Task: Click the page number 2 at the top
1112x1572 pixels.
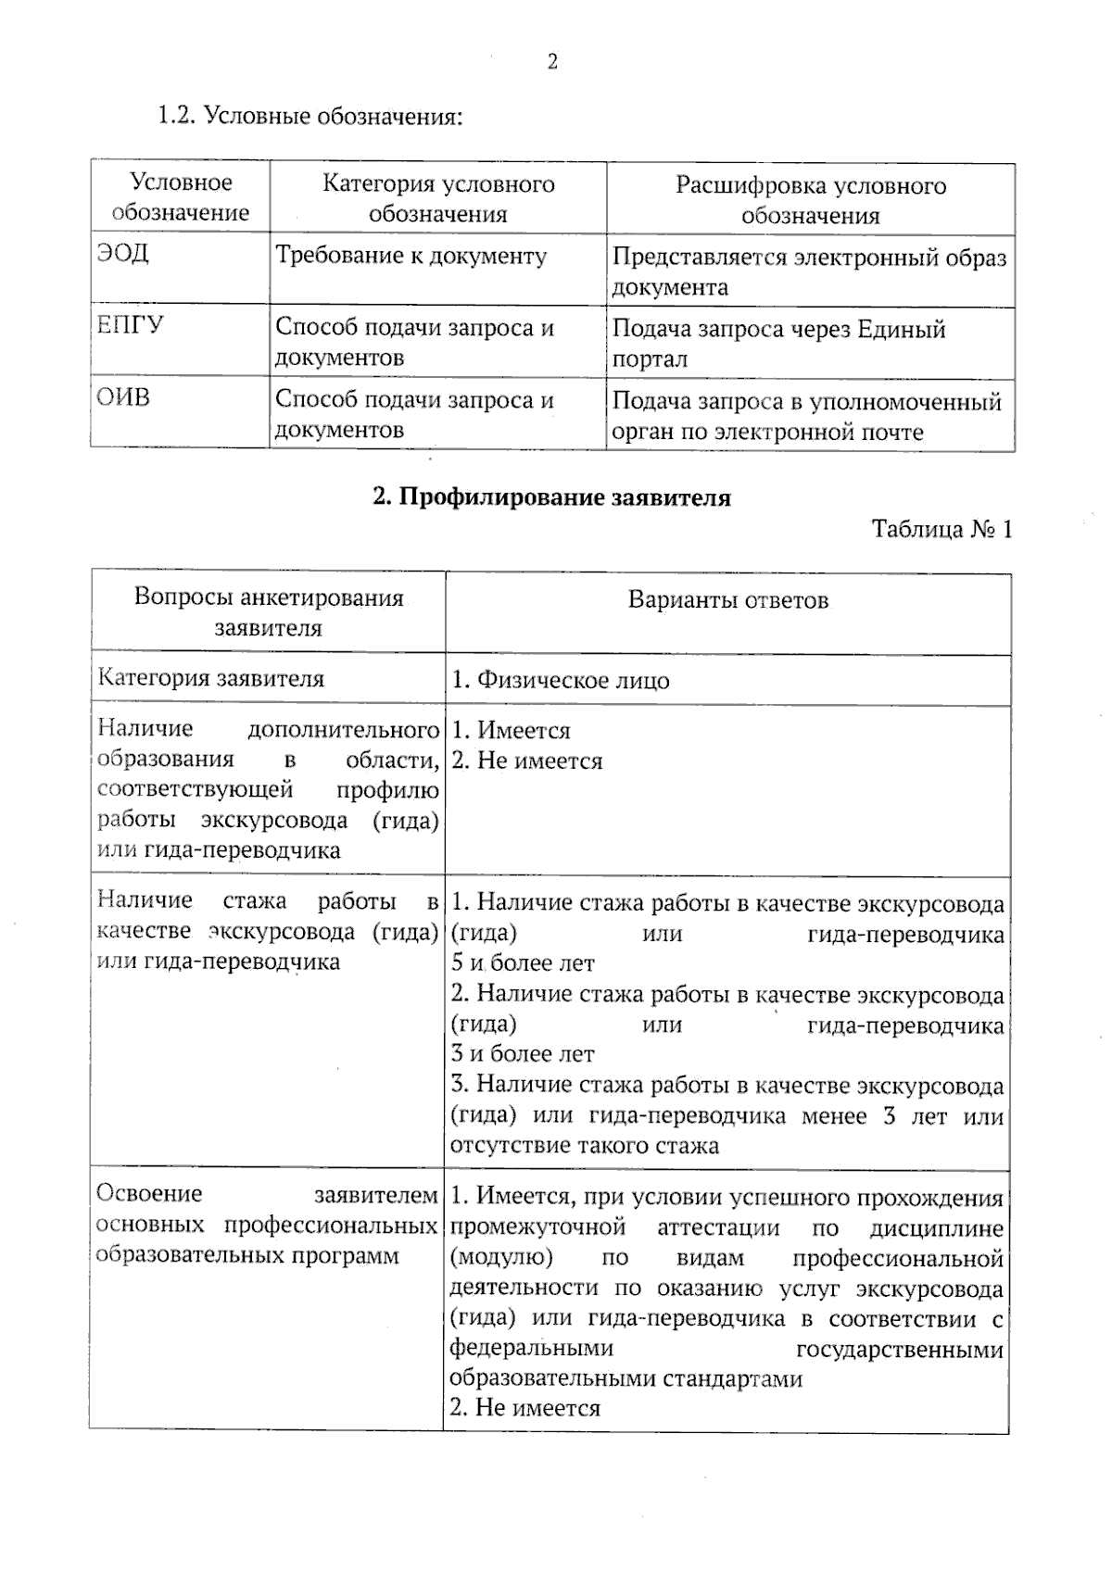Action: pos(552,63)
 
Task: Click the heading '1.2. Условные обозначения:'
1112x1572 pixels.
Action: pos(310,117)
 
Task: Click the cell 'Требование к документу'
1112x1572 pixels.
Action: pos(411,256)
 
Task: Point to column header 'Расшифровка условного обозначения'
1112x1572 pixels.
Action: pos(810,200)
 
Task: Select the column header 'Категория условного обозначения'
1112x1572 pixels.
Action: pos(438,198)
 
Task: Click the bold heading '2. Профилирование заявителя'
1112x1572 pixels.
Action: pos(551,497)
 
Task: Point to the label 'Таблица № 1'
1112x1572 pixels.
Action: pos(941,529)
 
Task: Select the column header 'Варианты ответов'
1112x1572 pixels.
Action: pos(728,600)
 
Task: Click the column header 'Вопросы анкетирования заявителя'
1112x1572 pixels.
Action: pos(269,612)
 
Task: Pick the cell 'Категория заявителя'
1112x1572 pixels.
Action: pos(211,678)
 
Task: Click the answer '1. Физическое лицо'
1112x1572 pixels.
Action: pos(561,680)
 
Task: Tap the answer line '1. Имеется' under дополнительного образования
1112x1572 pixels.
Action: pos(511,731)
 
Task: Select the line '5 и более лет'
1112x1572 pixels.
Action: pos(523,963)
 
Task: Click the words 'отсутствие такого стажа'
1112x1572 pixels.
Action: pos(585,1145)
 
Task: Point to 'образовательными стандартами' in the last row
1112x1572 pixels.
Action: pos(626,1378)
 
